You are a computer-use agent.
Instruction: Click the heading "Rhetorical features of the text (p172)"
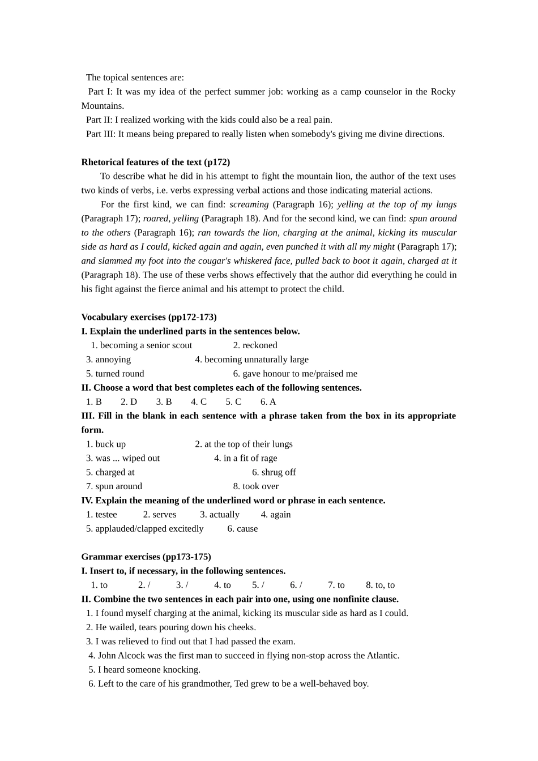click(155, 163)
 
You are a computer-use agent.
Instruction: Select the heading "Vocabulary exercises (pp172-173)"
click(149, 317)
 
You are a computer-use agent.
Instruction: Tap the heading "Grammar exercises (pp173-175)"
click(146, 557)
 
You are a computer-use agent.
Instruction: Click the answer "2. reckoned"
click(255, 345)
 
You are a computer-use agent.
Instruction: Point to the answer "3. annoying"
click(108, 360)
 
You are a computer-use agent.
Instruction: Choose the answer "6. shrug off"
click(274, 472)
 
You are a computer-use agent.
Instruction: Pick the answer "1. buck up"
click(106, 444)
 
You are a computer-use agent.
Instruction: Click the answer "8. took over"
click(255, 486)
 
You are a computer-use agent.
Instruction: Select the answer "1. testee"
click(101, 515)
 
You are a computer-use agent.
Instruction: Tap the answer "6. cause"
click(242, 529)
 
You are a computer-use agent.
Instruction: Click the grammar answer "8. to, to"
click(380, 585)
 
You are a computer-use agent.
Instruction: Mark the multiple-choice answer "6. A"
click(268, 402)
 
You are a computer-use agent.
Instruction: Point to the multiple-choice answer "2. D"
click(129, 402)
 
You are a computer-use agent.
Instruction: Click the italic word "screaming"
click(249, 204)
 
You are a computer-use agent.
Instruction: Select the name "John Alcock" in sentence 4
click(121, 656)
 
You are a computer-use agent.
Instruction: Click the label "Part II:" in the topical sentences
click(99, 120)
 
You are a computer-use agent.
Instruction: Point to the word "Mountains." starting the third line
click(103, 106)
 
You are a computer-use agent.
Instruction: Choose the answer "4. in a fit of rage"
click(245, 459)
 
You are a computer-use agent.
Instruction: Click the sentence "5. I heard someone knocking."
click(144, 670)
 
